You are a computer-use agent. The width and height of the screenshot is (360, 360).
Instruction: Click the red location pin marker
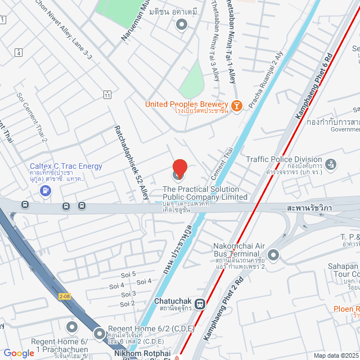(x=179, y=168)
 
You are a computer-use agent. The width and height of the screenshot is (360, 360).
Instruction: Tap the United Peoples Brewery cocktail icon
(x=237, y=105)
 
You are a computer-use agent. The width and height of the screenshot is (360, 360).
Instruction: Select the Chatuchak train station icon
(x=200, y=304)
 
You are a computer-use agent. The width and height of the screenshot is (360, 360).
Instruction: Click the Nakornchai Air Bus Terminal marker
(x=273, y=255)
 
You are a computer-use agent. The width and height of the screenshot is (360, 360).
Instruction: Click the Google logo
(x=19, y=353)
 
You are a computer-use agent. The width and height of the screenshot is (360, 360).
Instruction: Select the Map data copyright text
(x=336, y=355)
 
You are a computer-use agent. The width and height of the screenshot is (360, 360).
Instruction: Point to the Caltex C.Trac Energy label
(x=66, y=166)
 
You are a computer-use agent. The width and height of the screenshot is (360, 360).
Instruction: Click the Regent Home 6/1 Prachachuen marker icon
(x=71, y=327)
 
